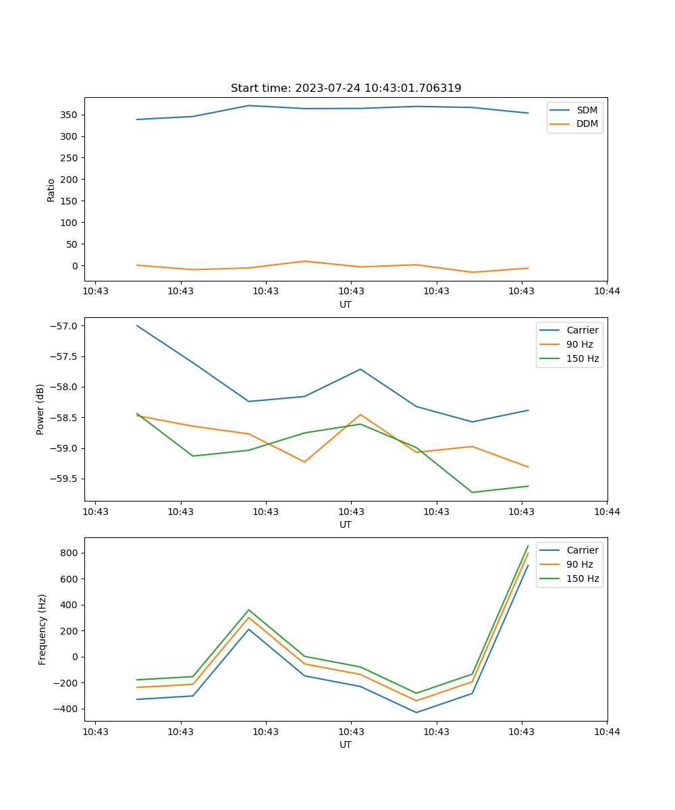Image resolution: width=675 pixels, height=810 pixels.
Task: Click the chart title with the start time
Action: [346, 88]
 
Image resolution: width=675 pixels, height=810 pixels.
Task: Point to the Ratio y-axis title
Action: [51, 190]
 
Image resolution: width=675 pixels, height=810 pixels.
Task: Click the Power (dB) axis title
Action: [40, 409]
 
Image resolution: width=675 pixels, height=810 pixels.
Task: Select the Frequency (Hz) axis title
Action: [42, 629]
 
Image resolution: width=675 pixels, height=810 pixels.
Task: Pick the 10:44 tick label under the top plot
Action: [607, 291]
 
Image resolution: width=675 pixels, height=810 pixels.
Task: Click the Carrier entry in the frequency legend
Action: [582, 550]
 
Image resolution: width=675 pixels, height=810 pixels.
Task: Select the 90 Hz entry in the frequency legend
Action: [579, 564]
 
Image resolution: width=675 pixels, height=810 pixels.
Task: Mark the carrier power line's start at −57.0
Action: [137, 325]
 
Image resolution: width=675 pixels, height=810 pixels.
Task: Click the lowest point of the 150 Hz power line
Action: [472, 492]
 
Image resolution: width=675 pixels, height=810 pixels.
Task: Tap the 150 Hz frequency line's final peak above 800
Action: [528, 546]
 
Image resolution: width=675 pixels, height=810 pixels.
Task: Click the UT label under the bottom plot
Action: [346, 745]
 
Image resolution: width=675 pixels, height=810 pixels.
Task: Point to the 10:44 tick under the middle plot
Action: [607, 511]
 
